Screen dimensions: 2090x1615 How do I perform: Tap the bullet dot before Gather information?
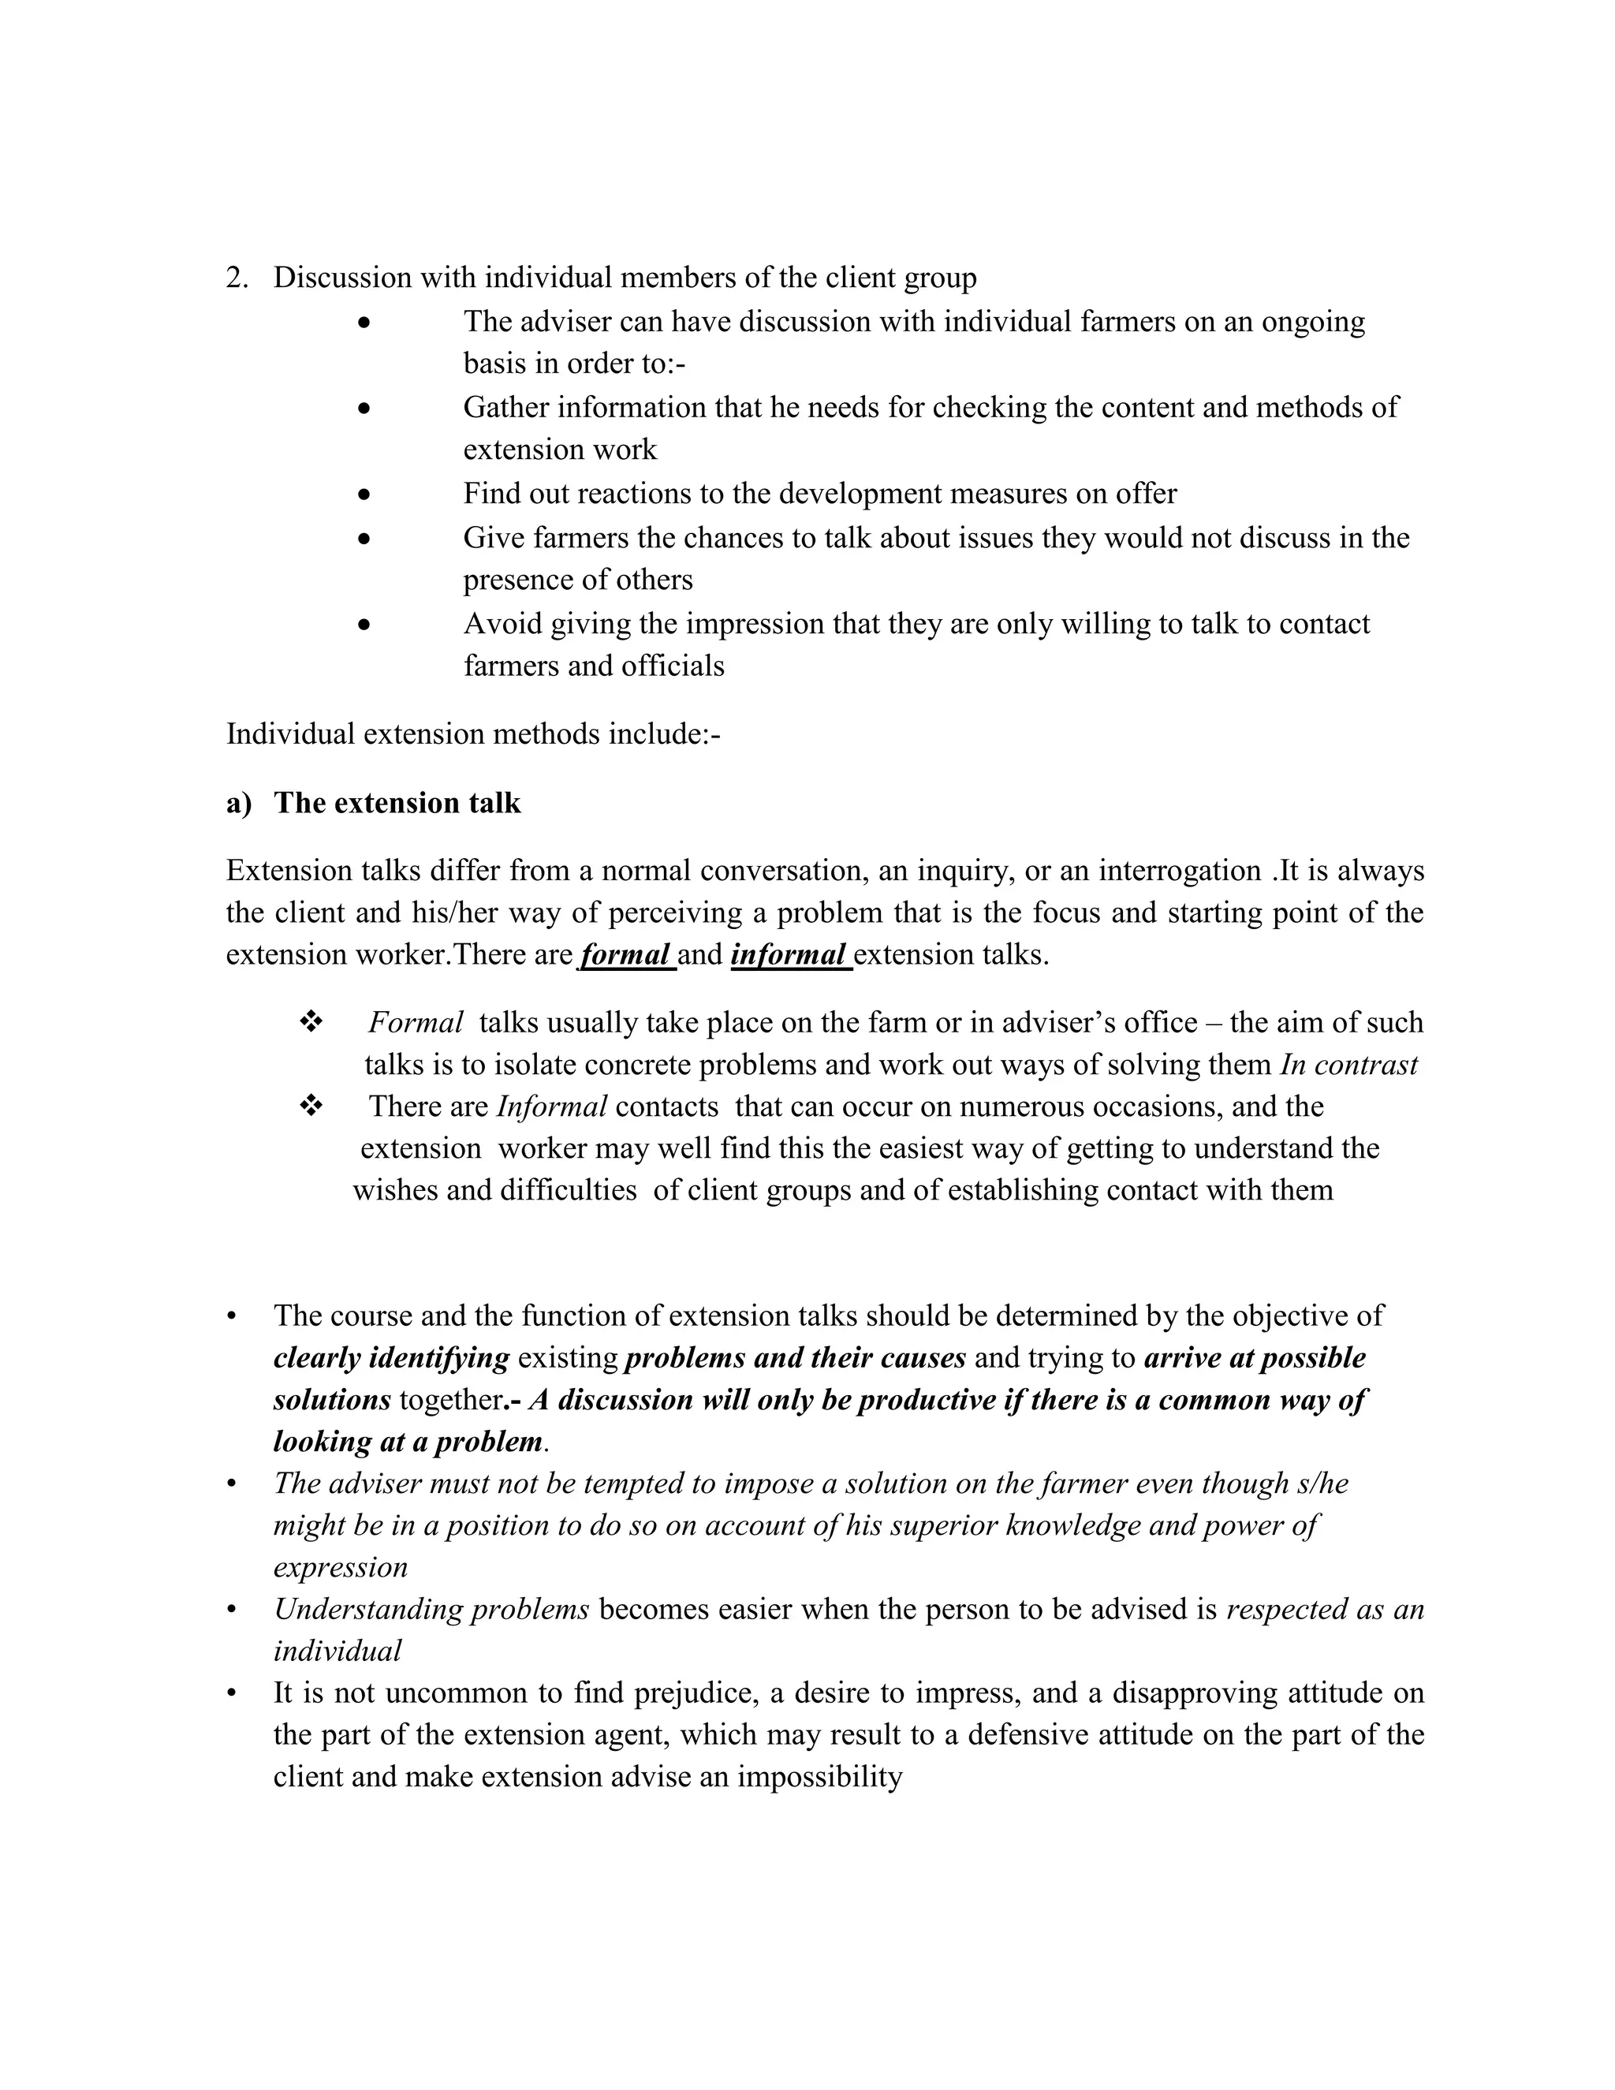(x=364, y=409)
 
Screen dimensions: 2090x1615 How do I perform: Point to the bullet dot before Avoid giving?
(x=364, y=625)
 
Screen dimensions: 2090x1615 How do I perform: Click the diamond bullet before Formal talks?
(x=310, y=1022)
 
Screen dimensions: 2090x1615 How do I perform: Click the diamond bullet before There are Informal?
(x=310, y=1107)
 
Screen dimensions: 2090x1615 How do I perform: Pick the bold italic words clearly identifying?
(x=391, y=1358)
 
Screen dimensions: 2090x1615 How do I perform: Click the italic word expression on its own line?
(x=341, y=1568)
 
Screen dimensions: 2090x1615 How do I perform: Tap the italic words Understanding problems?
(x=431, y=1610)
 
